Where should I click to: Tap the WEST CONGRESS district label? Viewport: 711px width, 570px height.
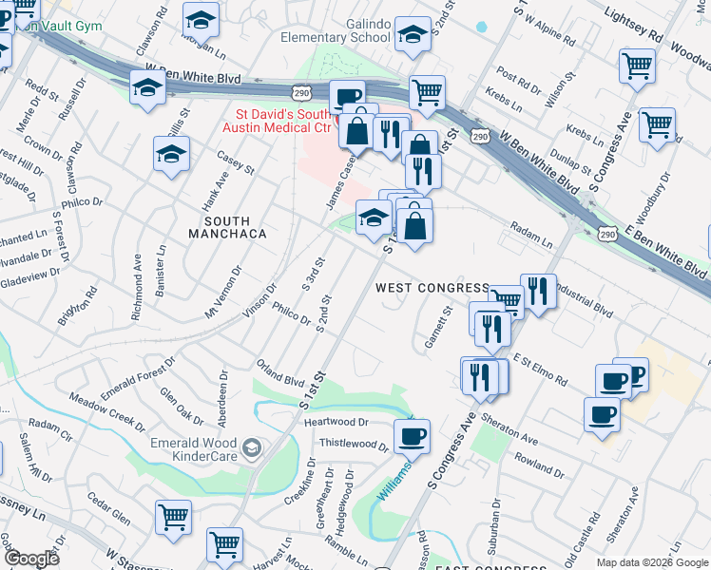tap(432, 287)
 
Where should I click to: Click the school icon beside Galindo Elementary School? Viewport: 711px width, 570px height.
tap(412, 35)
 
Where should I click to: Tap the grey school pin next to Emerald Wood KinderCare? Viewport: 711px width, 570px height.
tap(251, 447)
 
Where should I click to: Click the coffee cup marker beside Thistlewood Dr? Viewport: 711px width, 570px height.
tap(412, 436)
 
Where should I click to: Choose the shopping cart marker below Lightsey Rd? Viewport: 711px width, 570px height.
tap(636, 66)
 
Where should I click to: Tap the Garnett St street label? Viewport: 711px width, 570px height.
tap(437, 327)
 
